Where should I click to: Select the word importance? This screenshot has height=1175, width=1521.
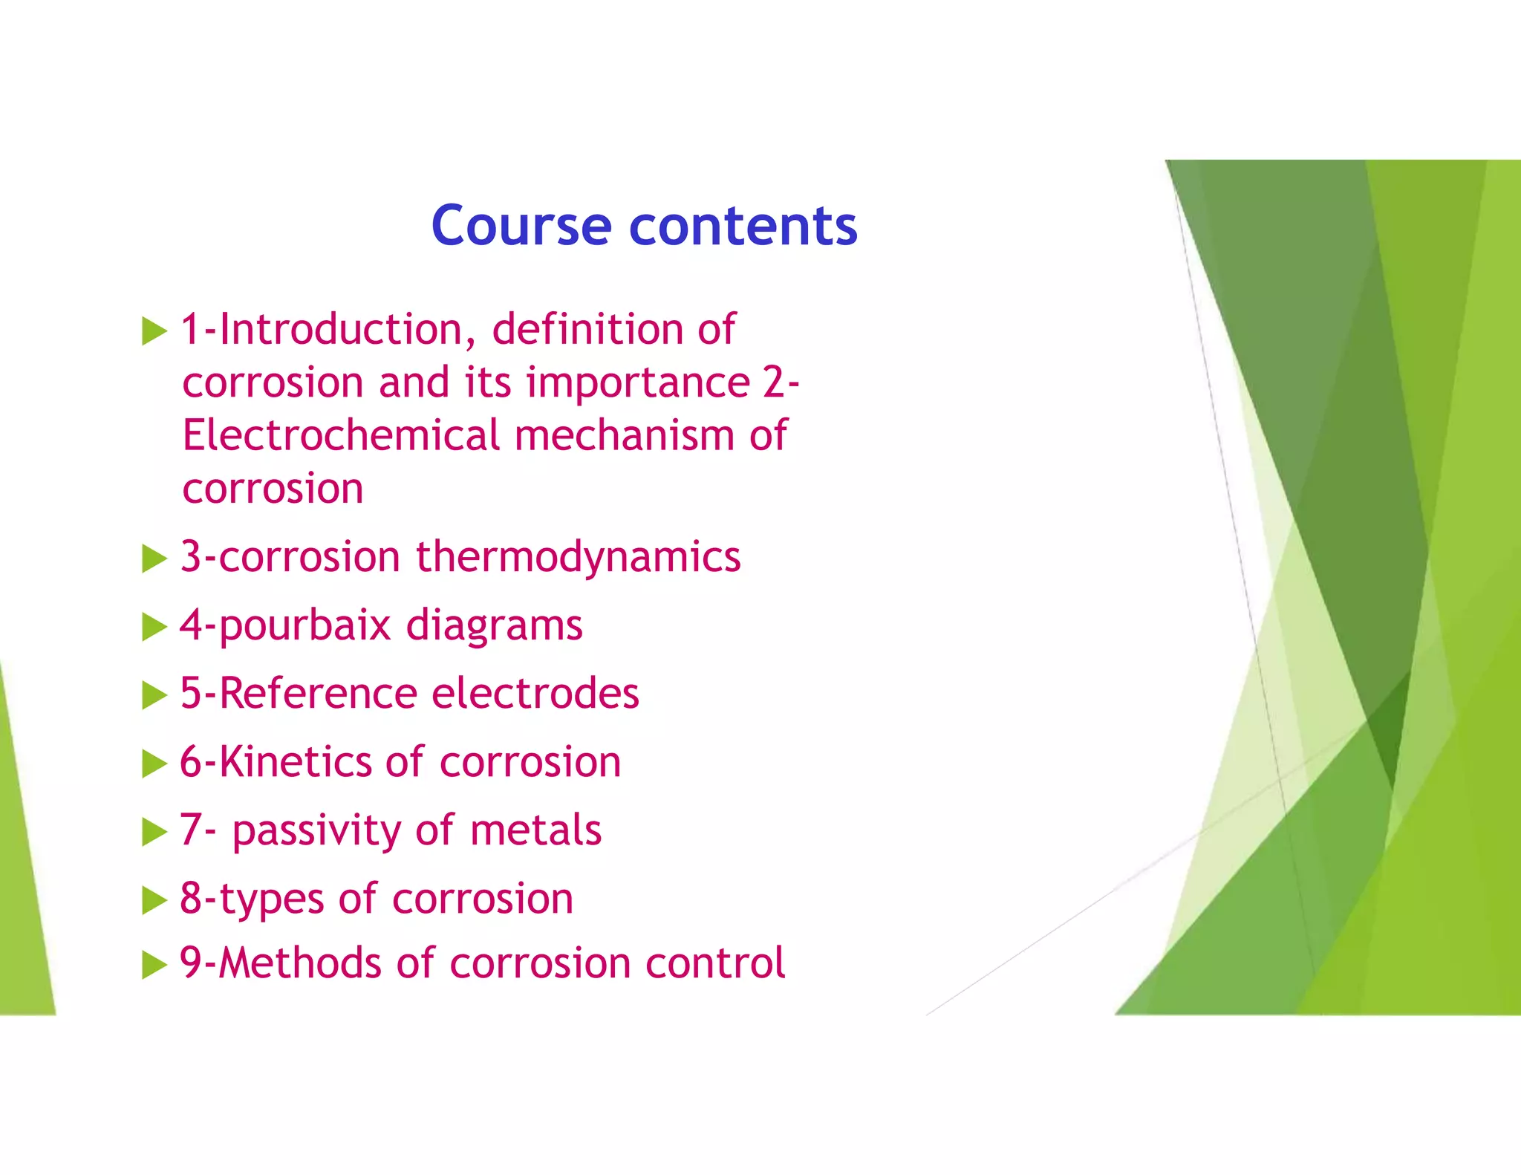pos(639,383)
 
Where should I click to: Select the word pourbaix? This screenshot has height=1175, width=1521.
pos(304,626)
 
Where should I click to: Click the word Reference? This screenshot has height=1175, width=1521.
pos(319,694)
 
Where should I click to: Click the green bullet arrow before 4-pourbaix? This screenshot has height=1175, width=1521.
pos(154,627)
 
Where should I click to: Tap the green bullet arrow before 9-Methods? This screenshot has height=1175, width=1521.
pos(154,965)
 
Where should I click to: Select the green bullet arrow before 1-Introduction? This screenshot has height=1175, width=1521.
pos(154,331)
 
